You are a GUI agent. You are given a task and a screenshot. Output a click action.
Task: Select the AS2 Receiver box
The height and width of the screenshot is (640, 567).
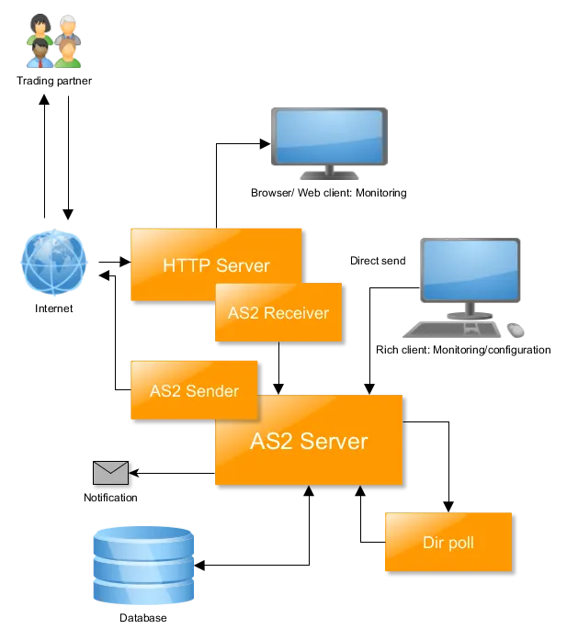click(x=278, y=313)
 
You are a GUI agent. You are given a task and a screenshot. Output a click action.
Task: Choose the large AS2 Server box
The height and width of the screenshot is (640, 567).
click(x=309, y=442)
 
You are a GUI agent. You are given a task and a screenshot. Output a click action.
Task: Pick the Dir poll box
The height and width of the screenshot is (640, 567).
click(x=448, y=543)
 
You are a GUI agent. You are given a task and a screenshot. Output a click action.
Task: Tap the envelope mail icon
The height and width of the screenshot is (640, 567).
click(x=110, y=473)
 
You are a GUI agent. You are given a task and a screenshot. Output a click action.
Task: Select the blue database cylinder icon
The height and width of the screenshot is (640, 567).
click(x=143, y=566)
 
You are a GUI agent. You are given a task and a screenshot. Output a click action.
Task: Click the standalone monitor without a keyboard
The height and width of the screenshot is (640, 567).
click(x=327, y=140)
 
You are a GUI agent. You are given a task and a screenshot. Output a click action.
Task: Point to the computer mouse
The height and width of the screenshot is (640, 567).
click(x=517, y=328)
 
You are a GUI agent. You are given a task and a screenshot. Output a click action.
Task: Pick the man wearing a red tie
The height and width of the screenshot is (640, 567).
click(x=40, y=54)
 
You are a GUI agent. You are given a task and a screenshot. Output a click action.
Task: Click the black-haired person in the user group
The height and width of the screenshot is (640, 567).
click(x=40, y=26)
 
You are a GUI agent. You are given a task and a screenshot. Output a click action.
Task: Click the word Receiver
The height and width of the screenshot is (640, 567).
click(x=296, y=313)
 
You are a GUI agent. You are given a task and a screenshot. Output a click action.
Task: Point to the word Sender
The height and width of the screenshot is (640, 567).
click(x=212, y=390)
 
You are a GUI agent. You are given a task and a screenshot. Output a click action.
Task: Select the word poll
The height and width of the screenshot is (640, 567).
click(x=461, y=543)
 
